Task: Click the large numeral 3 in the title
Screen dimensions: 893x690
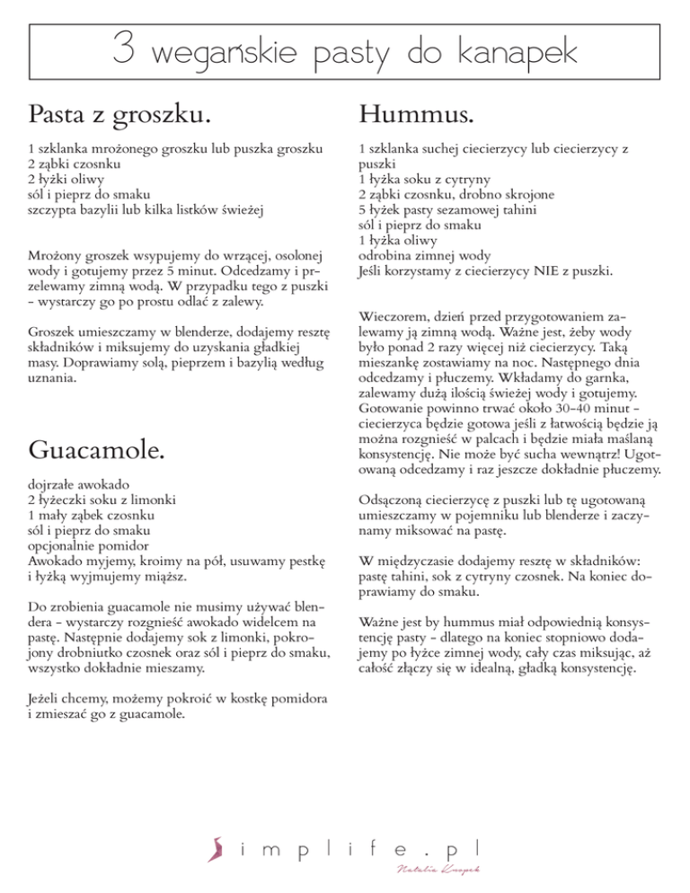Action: coord(128,49)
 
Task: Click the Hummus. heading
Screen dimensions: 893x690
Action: coord(417,114)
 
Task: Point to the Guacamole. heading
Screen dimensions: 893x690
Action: coord(97,446)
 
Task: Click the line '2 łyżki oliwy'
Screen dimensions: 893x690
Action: coord(65,179)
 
